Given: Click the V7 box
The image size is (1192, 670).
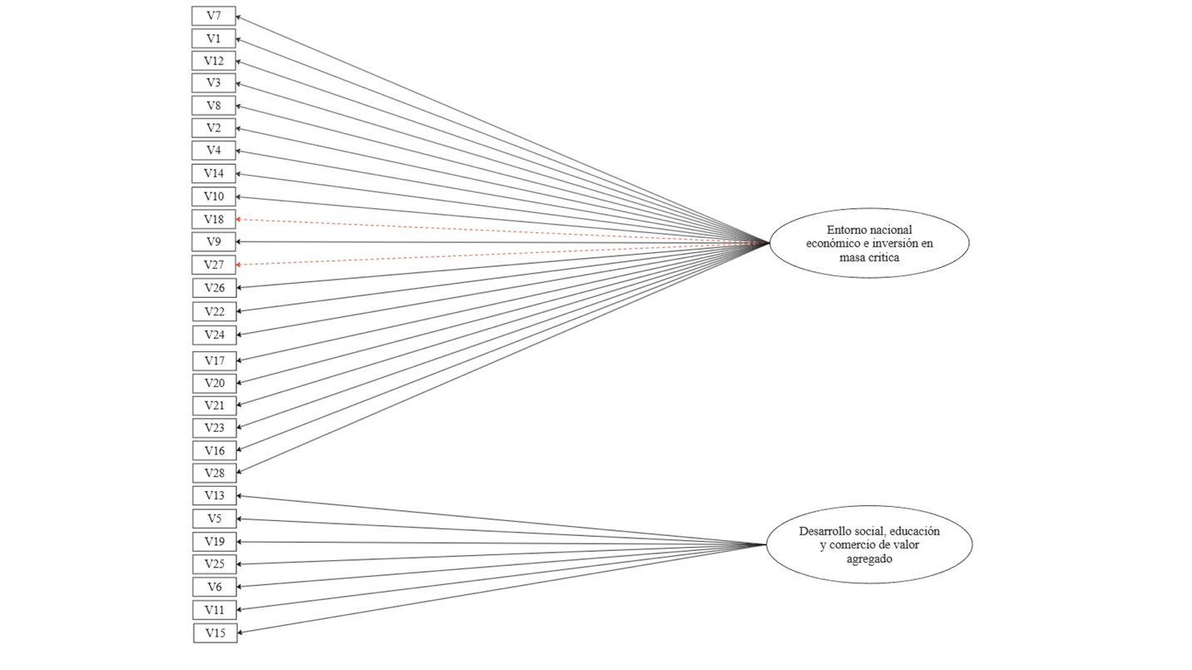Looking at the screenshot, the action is [213, 16].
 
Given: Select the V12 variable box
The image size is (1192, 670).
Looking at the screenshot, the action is [213, 61].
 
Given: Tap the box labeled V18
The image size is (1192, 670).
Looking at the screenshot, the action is [213, 219].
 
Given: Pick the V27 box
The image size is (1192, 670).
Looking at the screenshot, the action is [214, 265].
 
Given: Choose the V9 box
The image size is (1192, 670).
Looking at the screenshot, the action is [213, 242].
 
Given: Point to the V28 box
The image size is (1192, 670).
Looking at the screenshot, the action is [215, 473].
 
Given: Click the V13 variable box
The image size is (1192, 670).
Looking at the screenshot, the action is [215, 496].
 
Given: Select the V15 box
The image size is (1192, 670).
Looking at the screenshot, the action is [215, 633].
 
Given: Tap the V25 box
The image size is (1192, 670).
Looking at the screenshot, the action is [215, 564].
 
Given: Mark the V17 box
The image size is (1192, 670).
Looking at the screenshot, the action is [215, 361].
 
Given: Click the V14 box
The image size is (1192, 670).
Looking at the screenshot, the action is [213, 173].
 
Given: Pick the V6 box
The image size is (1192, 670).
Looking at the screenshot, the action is [215, 587].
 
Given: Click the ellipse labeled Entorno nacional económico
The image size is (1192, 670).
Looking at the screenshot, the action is [870, 243].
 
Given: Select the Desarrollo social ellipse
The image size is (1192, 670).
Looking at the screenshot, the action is [870, 544].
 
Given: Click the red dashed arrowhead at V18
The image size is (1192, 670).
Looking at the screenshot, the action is [239, 219].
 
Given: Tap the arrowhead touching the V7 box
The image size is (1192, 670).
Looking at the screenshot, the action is [239, 17].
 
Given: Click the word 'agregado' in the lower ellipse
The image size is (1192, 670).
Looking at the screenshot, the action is [869, 559].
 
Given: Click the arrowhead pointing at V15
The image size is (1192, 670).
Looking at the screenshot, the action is [241, 633].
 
